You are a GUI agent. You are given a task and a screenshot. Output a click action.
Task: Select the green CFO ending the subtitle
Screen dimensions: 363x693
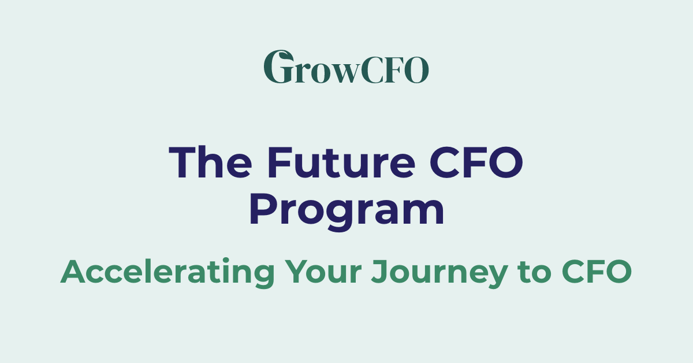pyautogui.click(x=597, y=271)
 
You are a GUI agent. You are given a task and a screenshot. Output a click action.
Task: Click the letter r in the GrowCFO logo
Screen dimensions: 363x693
pyautogui.click(x=299, y=72)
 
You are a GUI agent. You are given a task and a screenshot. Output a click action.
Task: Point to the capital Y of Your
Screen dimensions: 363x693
pyautogui.click(x=295, y=271)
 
